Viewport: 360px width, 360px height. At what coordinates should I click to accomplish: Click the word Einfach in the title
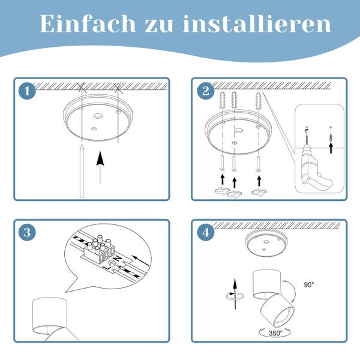point(88,23)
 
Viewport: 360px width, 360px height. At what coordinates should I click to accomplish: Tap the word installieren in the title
point(257,23)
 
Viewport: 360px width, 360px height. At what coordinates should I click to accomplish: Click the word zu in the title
point(159,26)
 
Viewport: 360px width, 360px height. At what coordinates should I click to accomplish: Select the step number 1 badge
point(27,91)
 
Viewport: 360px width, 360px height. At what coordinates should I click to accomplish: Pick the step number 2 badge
point(205,91)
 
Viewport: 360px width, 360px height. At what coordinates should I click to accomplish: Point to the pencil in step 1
point(82,171)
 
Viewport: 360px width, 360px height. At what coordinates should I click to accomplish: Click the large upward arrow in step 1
point(100,167)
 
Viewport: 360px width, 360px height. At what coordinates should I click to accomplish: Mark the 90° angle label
point(309,284)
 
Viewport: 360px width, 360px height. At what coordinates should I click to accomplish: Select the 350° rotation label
point(275,333)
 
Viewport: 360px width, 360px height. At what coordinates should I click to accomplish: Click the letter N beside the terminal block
point(118,259)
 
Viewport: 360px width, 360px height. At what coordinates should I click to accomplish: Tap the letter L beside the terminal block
point(107,268)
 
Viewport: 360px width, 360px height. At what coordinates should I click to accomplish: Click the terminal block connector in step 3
point(100,250)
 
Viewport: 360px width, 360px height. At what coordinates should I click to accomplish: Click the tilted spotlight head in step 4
point(277,311)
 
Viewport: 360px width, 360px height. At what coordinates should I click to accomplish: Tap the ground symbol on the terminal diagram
point(113,263)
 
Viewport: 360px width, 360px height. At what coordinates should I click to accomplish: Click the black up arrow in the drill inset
point(331,148)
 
